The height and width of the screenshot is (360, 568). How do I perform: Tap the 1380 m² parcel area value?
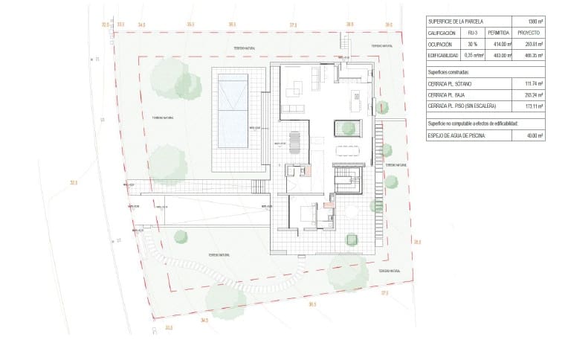pyautogui.click(x=535, y=22)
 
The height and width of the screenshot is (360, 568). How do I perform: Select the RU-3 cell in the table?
pyautogui.click(x=471, y=33)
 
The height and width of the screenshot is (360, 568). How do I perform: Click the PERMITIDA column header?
pyautogui.click(x=498, y=33)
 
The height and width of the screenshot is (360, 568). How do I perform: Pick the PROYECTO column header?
pyautogui.click(x=530, y=33)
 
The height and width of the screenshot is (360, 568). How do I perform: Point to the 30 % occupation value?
pyautogui.click(x=471, y=45)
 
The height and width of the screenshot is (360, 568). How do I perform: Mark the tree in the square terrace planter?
pyautogui.click(x=352, y=239)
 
